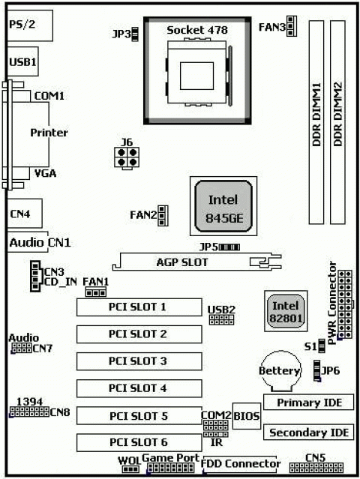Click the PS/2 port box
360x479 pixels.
30,25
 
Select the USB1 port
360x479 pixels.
22,61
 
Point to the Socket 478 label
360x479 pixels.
197,29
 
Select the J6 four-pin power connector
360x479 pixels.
125,157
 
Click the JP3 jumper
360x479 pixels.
136,34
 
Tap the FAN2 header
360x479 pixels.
163,216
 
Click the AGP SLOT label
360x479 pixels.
182,263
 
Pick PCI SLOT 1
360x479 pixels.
137,307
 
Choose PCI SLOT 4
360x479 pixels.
137,388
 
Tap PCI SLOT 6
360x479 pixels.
137,442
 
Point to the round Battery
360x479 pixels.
279,372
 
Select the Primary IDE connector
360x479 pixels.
308,403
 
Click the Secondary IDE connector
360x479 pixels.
308,433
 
